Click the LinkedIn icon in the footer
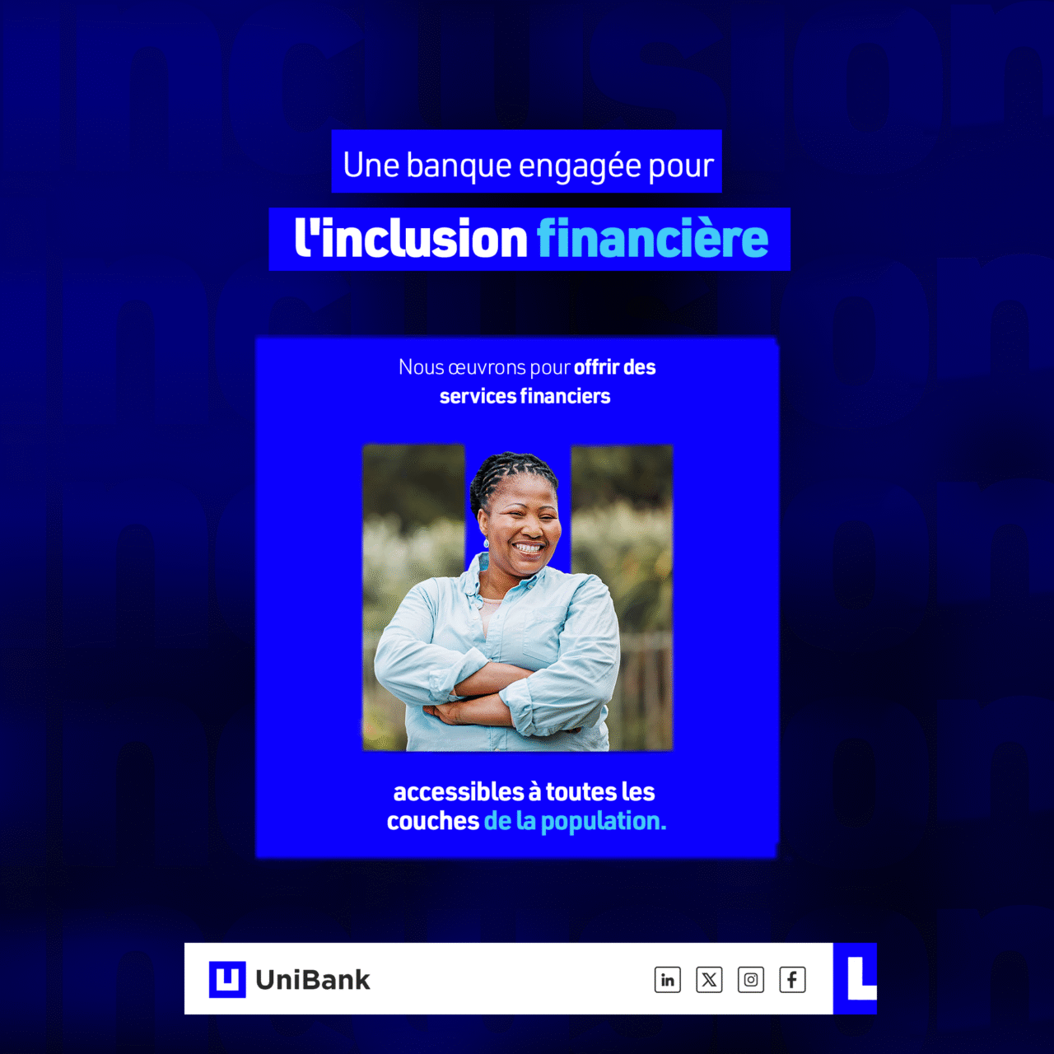(667, 979)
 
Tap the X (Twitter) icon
(709, 979)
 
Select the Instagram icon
(750, 979)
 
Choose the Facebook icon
(792, 979)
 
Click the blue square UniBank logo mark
(227, 979)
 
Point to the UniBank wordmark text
(313, 980)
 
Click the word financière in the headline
(652, 239)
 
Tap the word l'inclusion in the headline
(411, 239)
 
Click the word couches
(432, 821)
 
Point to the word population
(604, 822)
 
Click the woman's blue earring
(486, 543)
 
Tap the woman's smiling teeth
(529, 547)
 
